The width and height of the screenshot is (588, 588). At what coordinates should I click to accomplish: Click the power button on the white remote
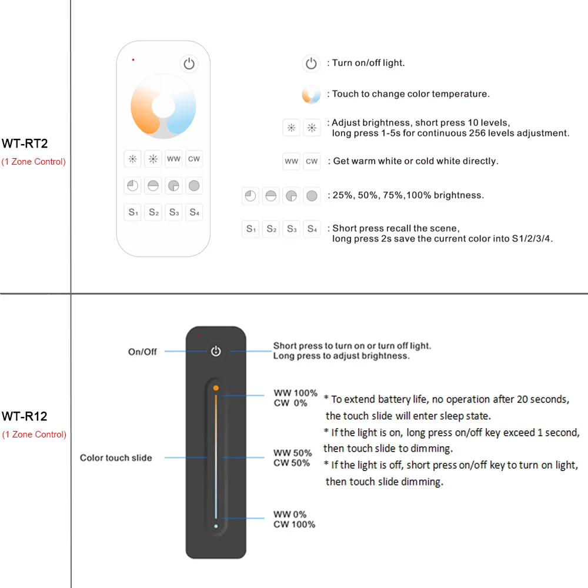click(x=189, y=64)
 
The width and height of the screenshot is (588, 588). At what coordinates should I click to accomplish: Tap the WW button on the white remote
click(x=173, y=159)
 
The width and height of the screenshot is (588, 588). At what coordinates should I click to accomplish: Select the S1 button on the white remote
click(x=133, y=212)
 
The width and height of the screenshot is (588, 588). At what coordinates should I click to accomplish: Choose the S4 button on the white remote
click(x=194, y=212)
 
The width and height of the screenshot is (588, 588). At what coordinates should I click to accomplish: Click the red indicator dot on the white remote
click(x=133, y=59)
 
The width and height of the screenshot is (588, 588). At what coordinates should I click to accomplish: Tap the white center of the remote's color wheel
click(x=163, y=106)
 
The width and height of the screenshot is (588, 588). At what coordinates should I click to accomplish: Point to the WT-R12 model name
click(x=24, y=416)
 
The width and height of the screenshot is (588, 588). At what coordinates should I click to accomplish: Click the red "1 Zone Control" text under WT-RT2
click(x=34, y=162)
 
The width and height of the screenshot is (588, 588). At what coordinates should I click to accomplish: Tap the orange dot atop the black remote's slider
click(x=216, y=388)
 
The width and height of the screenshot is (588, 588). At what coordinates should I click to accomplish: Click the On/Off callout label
click(x=142, y=352)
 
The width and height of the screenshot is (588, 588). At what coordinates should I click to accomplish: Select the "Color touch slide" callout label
click(x=116, y=457)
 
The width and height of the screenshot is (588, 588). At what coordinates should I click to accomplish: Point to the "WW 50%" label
click(x=292, y=453)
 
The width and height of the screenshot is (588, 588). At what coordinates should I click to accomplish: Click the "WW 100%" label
click(x=295, y=393)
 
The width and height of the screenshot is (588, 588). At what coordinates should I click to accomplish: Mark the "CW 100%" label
click(x=294, y=524)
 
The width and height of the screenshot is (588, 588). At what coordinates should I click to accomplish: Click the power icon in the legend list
click(x=311, y=64)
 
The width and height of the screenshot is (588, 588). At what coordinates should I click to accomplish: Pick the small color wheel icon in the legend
click(x=311, y=94)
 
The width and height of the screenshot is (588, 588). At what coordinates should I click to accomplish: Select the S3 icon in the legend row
click(x=292, y=229)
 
